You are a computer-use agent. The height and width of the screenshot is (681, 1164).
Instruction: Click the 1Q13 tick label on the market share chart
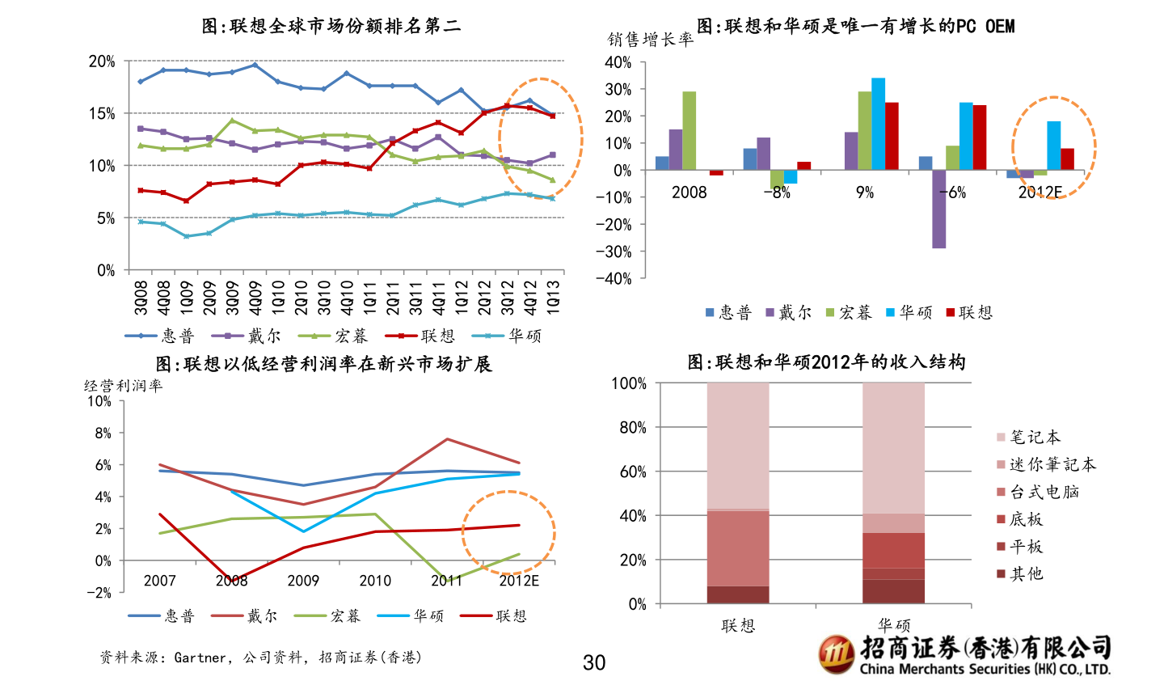(x=554, y=298)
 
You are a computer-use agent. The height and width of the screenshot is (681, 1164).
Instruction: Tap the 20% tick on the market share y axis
(x=103, y=61)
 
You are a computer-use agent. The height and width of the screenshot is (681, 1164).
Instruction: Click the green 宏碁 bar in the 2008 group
(x=689, y=130)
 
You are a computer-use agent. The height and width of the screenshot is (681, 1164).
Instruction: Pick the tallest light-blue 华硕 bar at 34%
(x=878, y=124)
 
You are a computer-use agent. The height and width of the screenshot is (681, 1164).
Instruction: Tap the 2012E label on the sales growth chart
(x=1040, y=192)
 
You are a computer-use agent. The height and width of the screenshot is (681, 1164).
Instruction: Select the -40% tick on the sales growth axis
(x=618, y=278)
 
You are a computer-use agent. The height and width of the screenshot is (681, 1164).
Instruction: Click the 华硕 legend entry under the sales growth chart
(x=909, y=312)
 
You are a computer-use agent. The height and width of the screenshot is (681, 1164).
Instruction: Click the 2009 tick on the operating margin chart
(x=303, y=581)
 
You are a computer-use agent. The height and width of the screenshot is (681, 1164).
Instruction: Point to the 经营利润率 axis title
(x=123, y=386)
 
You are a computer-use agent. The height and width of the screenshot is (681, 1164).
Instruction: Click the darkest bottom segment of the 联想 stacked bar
(x=738, y=594)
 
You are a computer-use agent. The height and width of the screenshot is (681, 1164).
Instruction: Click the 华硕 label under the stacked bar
(x=894, y=625)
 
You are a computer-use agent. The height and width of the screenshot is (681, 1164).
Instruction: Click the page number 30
(x=594, y=663)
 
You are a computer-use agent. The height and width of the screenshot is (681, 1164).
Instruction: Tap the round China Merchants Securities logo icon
(x=836, y=654)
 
